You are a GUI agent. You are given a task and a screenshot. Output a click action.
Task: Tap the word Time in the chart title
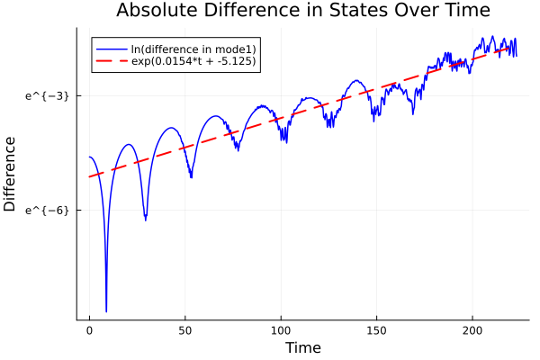tap(462, 11)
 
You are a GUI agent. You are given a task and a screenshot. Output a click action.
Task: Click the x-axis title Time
tap(302, 347)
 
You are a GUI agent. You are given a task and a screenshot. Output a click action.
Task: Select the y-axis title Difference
tap(11, 174)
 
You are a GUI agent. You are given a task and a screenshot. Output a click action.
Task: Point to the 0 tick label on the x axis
tap(89, 331)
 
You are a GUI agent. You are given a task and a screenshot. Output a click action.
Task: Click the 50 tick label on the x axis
tap(185, 331)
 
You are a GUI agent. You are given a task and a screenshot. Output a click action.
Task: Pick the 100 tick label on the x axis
tap(281, 331)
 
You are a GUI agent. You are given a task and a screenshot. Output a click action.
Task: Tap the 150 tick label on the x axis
tap(377, 331)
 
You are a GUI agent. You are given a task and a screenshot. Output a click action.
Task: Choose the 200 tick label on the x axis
tap(472, 331)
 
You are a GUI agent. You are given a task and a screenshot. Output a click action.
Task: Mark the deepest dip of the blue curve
tap(106, 310)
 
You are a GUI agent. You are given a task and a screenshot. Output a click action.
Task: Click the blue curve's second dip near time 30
tap(145, 219)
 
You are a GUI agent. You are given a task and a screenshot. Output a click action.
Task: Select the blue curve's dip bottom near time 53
tap(191, 177)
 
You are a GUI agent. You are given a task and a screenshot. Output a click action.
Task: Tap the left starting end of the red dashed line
tap(89, 176)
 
